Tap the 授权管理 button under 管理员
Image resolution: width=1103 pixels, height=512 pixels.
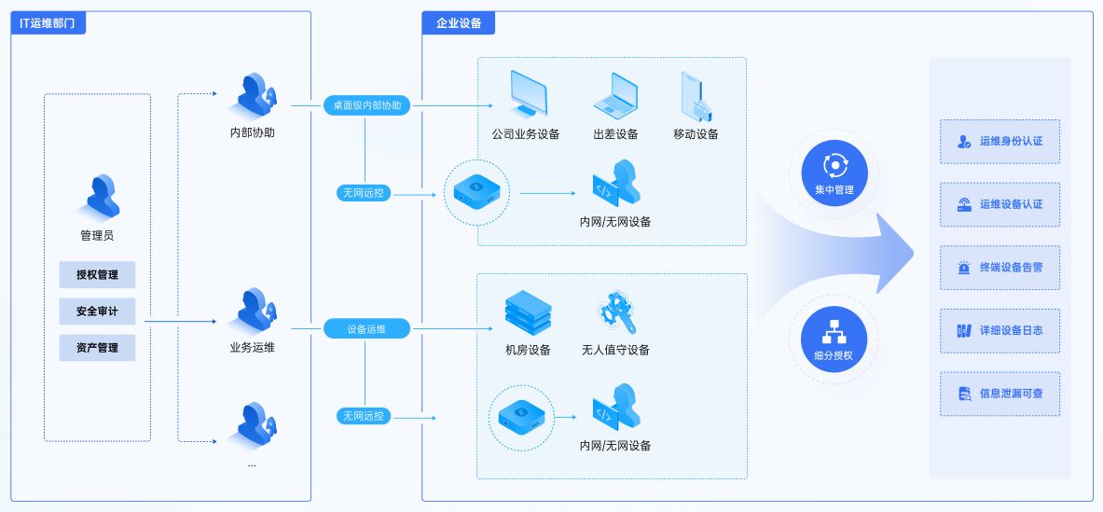coord(97,274)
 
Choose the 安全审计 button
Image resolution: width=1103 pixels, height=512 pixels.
coord(97,311)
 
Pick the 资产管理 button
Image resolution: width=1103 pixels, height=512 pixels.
coord(97,348)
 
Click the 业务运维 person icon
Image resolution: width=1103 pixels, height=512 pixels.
coord(255,311)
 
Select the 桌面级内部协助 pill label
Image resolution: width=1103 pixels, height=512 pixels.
coord(367,105)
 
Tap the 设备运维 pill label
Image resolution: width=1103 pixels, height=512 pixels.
coord(366,328)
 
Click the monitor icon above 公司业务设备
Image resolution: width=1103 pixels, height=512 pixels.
coord(527,94)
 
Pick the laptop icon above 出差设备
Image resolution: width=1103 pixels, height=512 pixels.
coord(615,94)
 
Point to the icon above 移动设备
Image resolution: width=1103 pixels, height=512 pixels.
coord(696,96)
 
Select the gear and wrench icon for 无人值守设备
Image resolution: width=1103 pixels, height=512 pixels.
coord(615,313)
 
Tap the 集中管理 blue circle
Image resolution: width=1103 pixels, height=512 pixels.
coord(834,173)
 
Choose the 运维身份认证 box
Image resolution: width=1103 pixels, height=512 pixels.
coord(1000,142)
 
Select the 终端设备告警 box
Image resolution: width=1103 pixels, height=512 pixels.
coord(1000,268)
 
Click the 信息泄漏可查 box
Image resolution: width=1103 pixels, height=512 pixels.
coord(1000,394)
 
